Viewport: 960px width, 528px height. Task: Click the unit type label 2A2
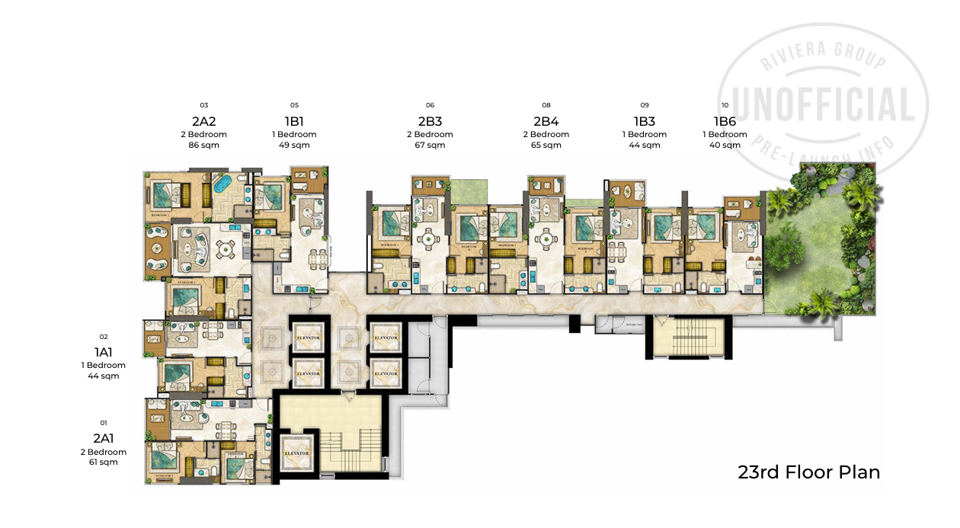click(203, 121)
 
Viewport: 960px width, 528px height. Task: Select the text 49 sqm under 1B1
click(294, 145)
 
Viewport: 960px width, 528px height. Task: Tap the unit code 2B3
click(430, 121)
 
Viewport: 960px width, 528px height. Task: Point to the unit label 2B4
click(546, 121)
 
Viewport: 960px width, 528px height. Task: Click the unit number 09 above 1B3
click(645, 105)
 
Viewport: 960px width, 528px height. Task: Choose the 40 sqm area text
click(725, 145)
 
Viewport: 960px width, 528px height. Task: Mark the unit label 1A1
click(104, 352)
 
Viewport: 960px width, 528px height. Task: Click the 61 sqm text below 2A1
click(104, 462)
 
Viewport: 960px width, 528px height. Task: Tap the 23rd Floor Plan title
click(808, 472)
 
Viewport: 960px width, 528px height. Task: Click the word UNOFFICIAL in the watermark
click(824, 105)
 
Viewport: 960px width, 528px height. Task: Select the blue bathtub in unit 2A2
click(222, 185)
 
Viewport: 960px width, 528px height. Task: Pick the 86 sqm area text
click(203, 145)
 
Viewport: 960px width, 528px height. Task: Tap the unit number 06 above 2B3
click(430, 105)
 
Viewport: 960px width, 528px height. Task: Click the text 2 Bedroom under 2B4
click(546, 135)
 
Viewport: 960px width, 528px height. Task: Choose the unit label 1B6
click(725, 121)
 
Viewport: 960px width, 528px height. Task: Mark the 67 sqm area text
click(430, 145)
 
